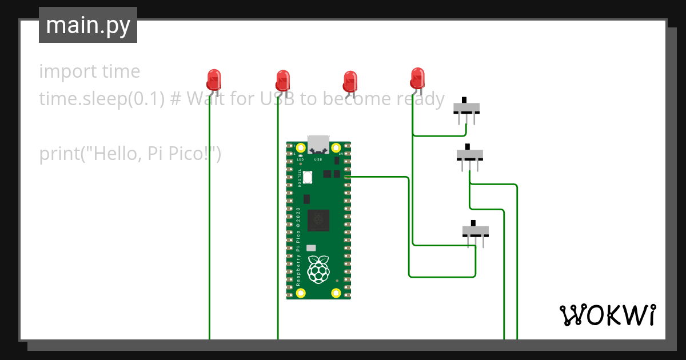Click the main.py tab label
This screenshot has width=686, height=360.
pos(87,25)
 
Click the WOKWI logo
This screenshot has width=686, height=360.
pos(607,315)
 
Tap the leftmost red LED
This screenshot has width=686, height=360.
pos(213,80)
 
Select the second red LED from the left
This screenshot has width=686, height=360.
pos(282,81)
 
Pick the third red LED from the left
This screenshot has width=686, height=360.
pos(350,81)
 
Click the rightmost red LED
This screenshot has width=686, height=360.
pos(417,78)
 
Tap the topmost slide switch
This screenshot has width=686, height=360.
pos(466,107)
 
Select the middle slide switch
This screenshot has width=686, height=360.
pos(470,154)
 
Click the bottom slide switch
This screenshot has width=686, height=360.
pos(476,231)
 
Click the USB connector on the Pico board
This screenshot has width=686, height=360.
pos(318,144)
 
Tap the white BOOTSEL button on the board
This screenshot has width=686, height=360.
pos(308,177)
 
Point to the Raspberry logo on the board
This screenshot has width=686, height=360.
pos(318,269)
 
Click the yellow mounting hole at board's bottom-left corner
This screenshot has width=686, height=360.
pos(301,294)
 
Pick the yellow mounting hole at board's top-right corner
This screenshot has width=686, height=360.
pos(336,147)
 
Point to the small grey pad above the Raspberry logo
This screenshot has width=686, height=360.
pos(311,248)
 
